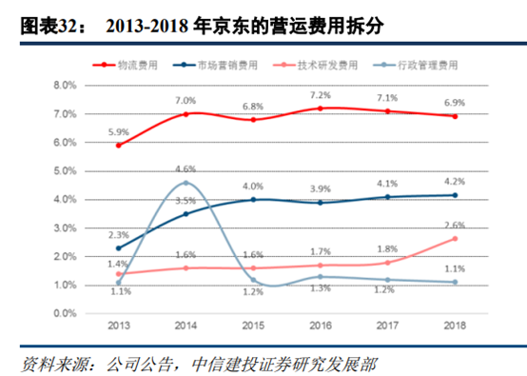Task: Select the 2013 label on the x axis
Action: click(x=118, y=327)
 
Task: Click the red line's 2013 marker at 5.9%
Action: click(x=118, y=145)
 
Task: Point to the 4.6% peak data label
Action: click(x=185, y=169)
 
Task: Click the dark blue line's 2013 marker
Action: click(x=118, y=247)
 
